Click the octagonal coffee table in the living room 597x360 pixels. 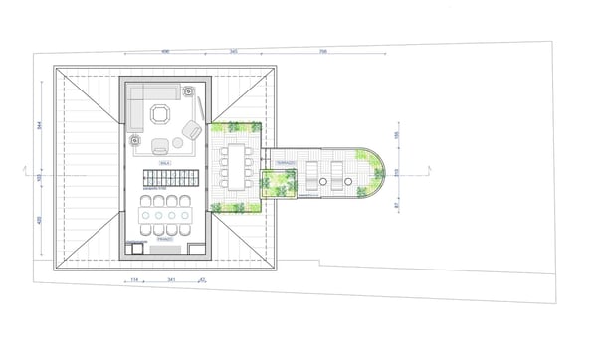tap(159, 114)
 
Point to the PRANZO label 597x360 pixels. tap(165, 240)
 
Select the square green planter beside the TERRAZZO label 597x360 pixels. tap(279, 183)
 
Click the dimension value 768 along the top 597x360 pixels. tap(324, 51)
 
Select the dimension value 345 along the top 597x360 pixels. tap(232, 51)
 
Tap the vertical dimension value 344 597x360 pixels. tap(40, 126)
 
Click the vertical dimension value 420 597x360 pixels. tap(40, 220)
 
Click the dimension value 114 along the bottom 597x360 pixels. tap(134, 281)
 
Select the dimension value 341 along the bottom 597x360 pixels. tap(171, 281)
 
